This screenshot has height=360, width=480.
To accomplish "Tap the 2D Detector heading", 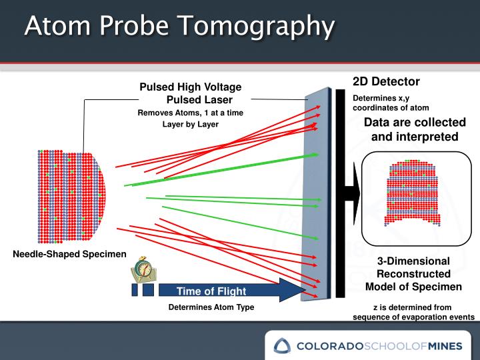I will pyautogui.click(x=386, y=82).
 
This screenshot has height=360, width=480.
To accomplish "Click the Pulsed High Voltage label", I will pyautogui.click(x=190, y=87).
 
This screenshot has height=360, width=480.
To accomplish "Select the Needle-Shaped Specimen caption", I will pyautogui.click(x=69, y=253).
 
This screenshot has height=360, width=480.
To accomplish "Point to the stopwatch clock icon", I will pyautogui.click(x=145, y=269).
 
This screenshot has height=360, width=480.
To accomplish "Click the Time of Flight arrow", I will pyautogui.click(x=220, y=291).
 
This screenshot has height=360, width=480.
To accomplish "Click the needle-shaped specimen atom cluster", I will pyautogui.click(x=70, y=195).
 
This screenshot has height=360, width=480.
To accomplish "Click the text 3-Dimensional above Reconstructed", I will pyautogui.click(x=413, y=261).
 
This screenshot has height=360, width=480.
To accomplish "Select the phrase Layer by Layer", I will pyautogui.click(x=190, y=124).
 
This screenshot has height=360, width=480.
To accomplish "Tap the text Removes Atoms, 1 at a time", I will pyautogui.click(x=190, y=113).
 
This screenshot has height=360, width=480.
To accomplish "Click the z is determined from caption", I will pyautogui.click(x=413, y=307).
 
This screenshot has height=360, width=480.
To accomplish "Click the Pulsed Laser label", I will pyautogui.click(x=199, y=99).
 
